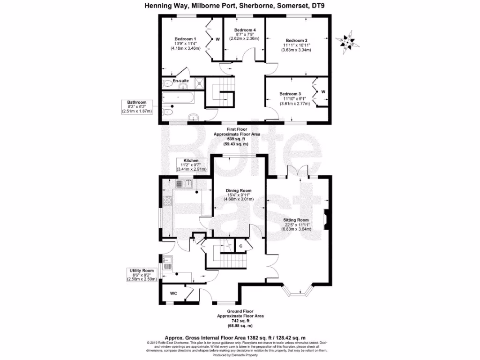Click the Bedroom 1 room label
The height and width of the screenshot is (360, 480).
tap(185, 39)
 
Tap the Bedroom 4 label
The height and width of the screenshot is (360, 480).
tap(244, 30)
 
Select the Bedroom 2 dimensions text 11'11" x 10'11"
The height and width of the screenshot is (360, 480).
tap(296, 45)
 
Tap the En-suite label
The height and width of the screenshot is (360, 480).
tap(180, 81)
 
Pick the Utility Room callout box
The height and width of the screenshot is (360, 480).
tap(142, 275)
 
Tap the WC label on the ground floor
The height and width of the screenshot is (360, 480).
tap(173, 293)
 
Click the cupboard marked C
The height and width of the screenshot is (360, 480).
tap(240, 246)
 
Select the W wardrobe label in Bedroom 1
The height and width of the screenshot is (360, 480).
tap(217, 39)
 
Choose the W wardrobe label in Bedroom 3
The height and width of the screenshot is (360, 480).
tap(323, 91)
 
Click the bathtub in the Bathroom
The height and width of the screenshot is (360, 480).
tap(178, 99)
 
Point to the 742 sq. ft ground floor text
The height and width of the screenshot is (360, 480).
tap(240, 321)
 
